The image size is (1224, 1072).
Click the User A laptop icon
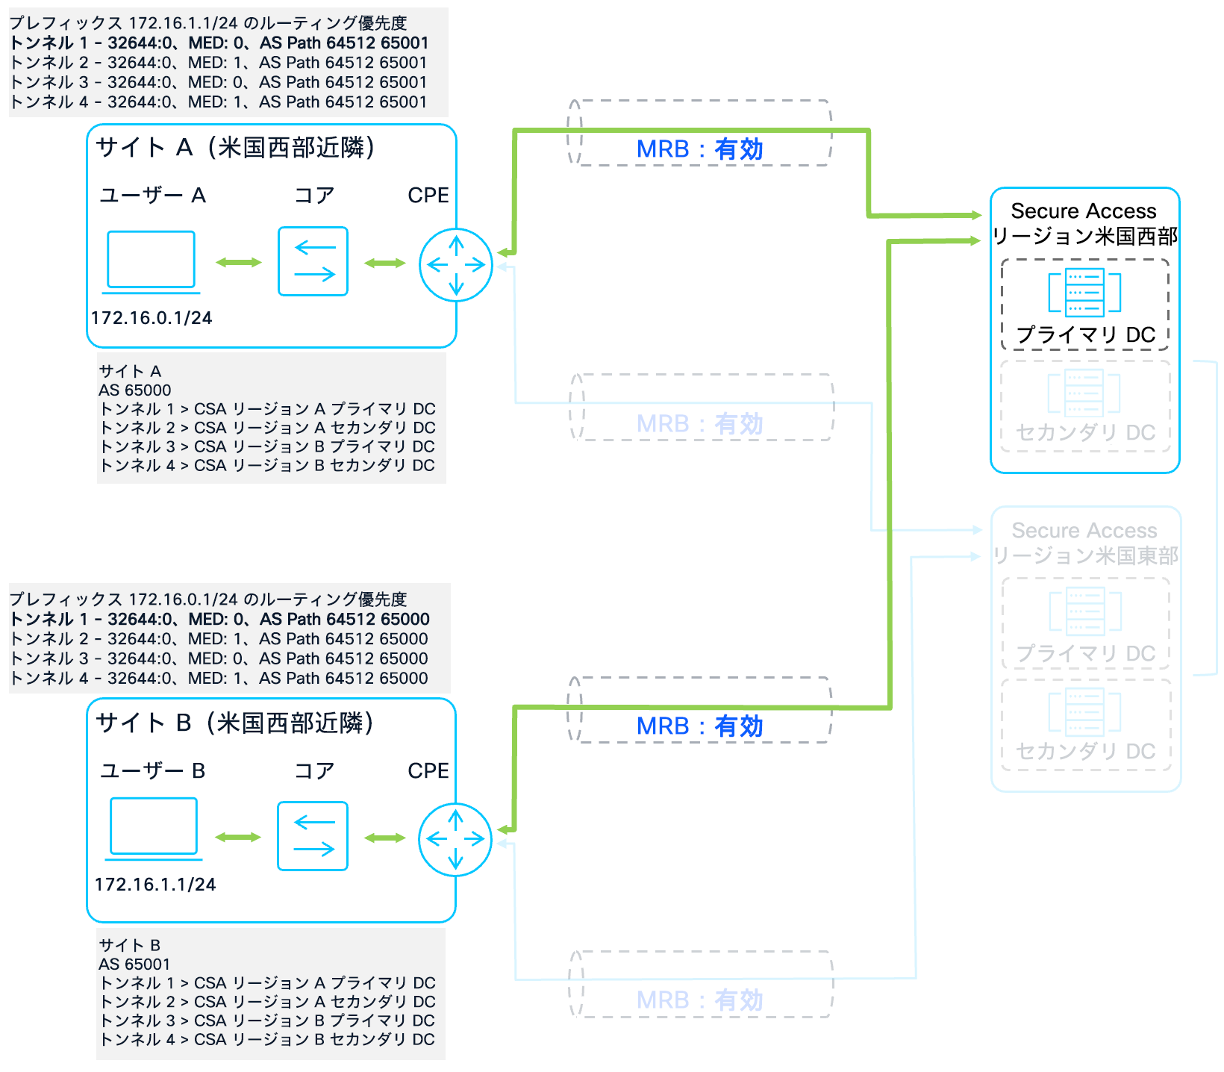tap(152, 261)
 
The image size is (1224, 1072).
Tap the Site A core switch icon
tap(313, 261)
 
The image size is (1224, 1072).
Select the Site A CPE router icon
tap(456, 265)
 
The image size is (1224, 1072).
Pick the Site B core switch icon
tap(313, 836)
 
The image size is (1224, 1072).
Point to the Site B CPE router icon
tap(455, 839)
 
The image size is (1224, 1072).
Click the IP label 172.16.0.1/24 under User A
tap(152, 318)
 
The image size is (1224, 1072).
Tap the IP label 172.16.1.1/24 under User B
tap(155, 885)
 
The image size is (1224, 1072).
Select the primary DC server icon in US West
tap(1084, 292)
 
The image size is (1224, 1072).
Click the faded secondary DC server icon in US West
tap(1084, 392)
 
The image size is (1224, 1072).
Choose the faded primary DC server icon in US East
tap(1084, 611)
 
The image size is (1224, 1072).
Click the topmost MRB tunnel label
tap(699, 149)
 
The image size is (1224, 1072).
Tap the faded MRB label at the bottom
tap(699, 1000)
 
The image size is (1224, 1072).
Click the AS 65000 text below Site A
tap(135, 390)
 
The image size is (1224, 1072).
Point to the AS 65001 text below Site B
tap(135, 965)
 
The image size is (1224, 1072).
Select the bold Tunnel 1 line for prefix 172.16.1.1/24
tap(219, 43)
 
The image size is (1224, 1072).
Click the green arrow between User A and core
tap(239, 262)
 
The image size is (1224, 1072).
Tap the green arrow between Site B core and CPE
tap(384, 838)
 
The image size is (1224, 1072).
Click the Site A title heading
tap(235, 148)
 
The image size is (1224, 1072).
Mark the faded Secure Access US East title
tap(1084, 543)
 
